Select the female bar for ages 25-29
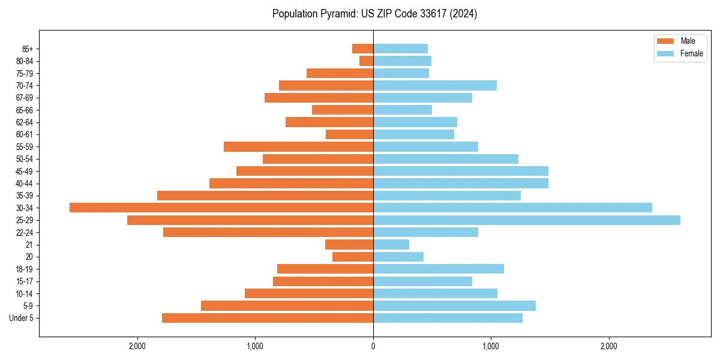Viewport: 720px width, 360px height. coord(526,220)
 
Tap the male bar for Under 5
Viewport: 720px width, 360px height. coord(267,318)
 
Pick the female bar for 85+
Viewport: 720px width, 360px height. coord(400,49)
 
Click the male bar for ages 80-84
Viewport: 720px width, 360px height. coord(366,61)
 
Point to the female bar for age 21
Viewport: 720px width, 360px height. coord(391,245)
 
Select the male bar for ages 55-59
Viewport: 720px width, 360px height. coord(298,146)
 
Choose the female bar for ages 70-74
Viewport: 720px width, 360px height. coord(435,85)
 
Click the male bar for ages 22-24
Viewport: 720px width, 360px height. coord(268,232)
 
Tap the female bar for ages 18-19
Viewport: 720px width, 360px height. coord(439,269)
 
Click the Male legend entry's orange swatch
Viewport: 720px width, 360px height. coord(665,41)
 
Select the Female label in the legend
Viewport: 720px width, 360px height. coord(692,53)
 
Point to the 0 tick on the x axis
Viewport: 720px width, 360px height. coord(373,346)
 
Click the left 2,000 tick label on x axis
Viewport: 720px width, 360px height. coord(137,346)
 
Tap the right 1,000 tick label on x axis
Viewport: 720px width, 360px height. coord(491,346)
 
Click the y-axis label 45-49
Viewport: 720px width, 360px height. coord(25,171)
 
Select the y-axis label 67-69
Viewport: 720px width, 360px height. coord(25,98)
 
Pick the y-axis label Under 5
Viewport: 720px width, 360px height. coord(22,318)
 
